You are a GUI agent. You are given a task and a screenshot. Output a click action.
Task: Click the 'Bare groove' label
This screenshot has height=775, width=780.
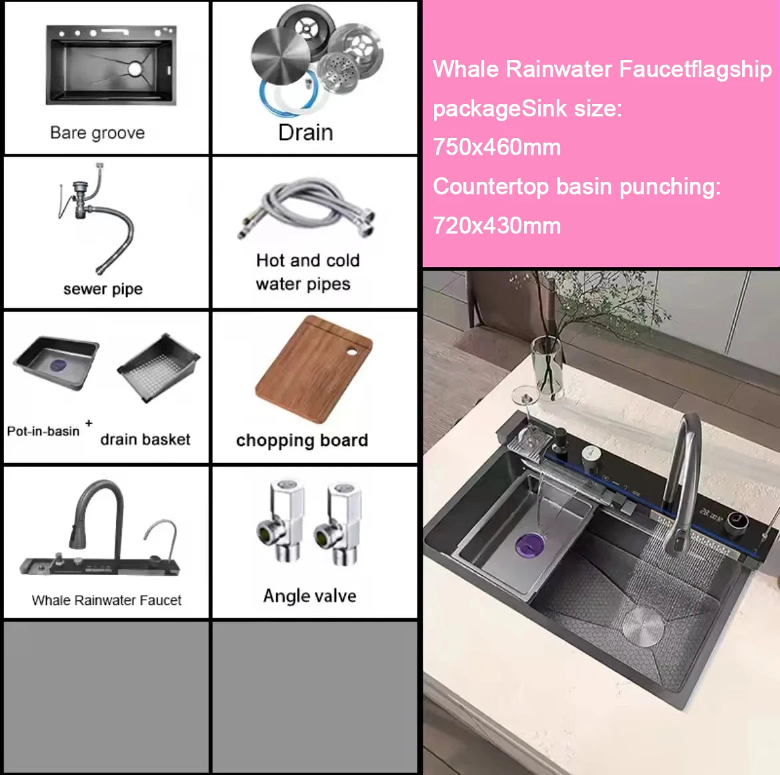tap(97, 133)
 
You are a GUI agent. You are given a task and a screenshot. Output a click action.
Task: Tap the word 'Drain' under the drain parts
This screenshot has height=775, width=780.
tap(305, 132)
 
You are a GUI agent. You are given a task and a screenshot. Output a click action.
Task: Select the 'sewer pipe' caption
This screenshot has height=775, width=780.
tap(103, 289)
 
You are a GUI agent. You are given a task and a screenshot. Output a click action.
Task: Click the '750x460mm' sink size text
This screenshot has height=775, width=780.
tap(497, 147)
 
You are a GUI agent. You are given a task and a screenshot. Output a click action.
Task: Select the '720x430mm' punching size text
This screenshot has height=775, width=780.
tap(497, 225)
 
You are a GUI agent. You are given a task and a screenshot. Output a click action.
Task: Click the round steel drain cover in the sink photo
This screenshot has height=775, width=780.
tap(643, 624)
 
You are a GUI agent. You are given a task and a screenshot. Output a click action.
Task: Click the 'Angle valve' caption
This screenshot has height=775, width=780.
tap(309, 596)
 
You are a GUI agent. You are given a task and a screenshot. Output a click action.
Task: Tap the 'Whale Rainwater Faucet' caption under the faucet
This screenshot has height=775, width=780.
tap(107, 600)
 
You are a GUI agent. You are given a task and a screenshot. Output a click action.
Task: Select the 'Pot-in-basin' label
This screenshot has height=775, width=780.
tap(43, 431)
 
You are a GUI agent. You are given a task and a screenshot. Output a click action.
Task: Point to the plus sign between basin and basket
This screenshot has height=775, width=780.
tap(89, 422)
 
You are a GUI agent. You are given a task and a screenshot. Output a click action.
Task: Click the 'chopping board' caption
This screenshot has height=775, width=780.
tap(302, 440)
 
